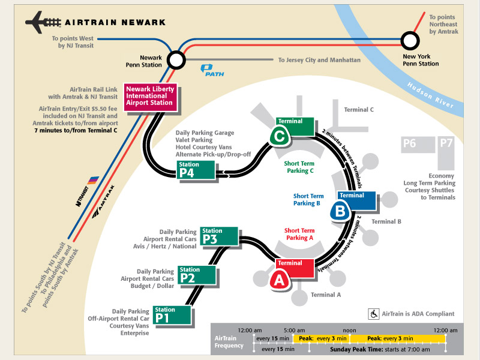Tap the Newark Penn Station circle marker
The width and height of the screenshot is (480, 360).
coord(176,60)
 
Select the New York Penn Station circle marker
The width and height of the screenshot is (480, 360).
coord(410,41)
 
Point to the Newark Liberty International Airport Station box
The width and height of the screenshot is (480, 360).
coord(149,95)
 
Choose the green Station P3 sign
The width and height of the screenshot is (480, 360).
coord(219,236)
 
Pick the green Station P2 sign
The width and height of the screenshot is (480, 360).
coord(197,275)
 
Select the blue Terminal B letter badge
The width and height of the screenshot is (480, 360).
coord(340,211)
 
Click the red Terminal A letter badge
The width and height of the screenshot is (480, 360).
coord(279,279)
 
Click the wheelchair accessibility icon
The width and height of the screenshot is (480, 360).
coord(373,314)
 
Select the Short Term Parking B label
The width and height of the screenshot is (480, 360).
coord(308,199)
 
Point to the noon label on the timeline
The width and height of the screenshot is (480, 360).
coord(350,331)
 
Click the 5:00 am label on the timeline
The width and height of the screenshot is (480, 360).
coord(294,331)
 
